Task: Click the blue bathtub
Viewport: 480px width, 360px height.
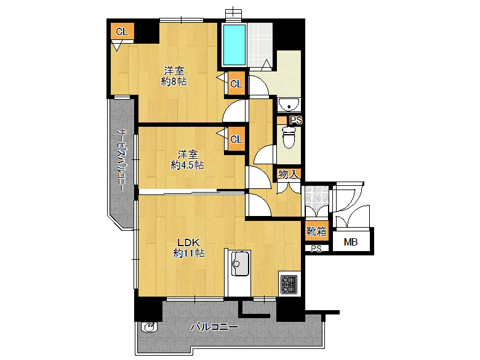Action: [234, 45]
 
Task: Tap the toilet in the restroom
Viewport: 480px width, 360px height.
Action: [289, 137]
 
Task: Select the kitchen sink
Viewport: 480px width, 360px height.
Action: [240, 263]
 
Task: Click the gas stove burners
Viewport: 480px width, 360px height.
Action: [289, 284]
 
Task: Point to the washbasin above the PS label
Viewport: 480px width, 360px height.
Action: [289, 105]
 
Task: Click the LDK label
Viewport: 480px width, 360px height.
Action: [189, 242]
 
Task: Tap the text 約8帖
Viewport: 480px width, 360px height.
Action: [174, 81]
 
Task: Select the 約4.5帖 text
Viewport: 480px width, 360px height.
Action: [187, 166]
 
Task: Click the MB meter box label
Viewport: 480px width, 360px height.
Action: [351, 242]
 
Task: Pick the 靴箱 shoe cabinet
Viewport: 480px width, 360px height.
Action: [316, 231]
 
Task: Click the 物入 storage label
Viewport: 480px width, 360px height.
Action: [288, 175]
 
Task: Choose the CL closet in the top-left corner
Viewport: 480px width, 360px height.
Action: [122, 31]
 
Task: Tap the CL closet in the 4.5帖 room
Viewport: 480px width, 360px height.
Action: [236, 139]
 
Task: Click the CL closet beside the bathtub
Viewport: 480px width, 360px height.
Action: [236, 84]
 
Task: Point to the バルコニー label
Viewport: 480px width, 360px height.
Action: [214, 327]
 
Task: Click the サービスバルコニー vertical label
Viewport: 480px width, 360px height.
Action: [122, 160]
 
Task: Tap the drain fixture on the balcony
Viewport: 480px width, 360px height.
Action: [150, 327]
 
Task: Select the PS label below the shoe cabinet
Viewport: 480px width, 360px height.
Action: [316, 249]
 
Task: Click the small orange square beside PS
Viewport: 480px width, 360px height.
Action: [282, 120]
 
